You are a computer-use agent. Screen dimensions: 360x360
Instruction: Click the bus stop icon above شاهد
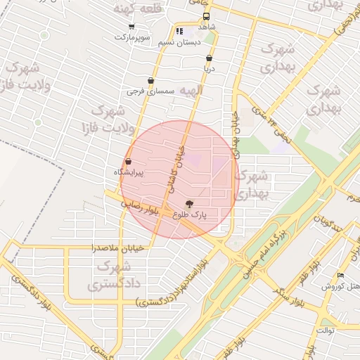point(206,16)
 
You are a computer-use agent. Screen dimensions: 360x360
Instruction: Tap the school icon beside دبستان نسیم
point(179,32)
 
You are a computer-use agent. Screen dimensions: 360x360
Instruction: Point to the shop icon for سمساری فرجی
point(150,81)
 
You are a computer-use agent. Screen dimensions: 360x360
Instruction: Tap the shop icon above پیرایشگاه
point(128,162)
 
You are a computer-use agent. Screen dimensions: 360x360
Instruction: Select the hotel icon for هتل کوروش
point(341,275)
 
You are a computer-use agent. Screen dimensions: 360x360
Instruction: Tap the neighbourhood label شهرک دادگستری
point(113,276)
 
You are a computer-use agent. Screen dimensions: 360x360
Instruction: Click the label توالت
point(326,329)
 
